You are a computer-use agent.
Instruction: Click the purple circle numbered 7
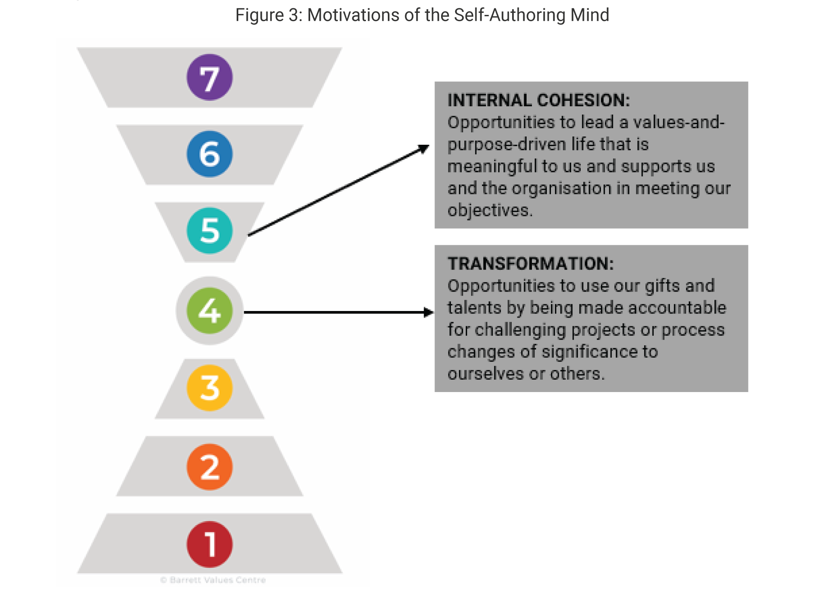(209, 77)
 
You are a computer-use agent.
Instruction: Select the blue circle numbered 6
(209, 154)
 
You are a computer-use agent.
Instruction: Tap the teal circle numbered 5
(209, 230)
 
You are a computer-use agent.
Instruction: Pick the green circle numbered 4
(209, 311)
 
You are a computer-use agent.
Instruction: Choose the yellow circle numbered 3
(209, 388)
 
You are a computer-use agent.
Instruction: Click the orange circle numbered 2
(209, 467)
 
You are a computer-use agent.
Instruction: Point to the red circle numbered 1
(209, 544)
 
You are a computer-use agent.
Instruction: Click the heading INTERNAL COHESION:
(539, 100)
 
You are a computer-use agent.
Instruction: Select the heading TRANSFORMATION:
(531, 264)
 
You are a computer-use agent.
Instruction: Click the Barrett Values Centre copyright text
(213, 580)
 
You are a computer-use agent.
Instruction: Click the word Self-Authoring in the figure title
(510, 15)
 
